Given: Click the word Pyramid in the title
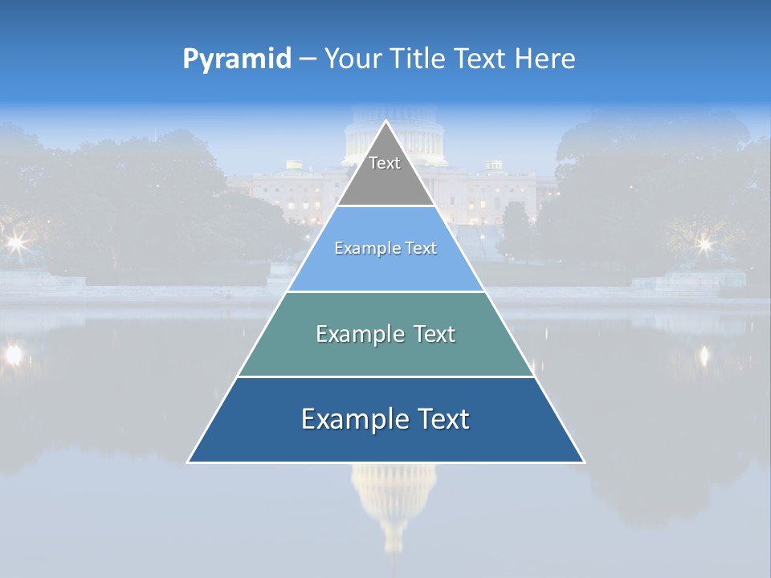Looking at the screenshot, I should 237,59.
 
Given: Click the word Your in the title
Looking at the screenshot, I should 352,59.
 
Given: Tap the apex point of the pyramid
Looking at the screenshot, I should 385,122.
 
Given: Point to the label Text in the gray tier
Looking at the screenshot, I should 385,163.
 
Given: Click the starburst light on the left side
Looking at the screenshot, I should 14,242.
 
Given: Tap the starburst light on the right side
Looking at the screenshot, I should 704,242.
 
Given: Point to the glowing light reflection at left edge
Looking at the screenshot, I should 13,354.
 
